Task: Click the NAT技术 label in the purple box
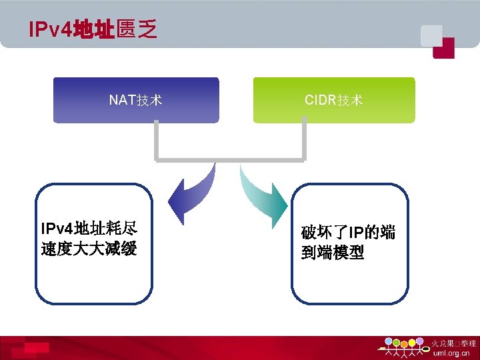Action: pyautogui.click(x=136, y=101)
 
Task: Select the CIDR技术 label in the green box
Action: pyautogui.click(x=333, y=101)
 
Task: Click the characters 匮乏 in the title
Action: pyautogui.click(x=137, y=29)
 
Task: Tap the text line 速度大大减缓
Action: pyautogui.click(x=88, y=249)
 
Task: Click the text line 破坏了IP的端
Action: pyautogui.click(x=348, y=233)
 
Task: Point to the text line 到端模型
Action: pyautogui.click(x=333, y=253)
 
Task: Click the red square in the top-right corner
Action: pyautogui.click(x=443, y=48)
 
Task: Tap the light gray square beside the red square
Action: pyautogui.click(x=430, y=34)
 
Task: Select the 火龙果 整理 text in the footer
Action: pyautogui.click(x=454, y=343)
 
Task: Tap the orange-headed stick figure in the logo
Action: pyautogui.click(x=404, y=343)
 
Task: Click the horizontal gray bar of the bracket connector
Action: pyautogui.click(x=229, y=160)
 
